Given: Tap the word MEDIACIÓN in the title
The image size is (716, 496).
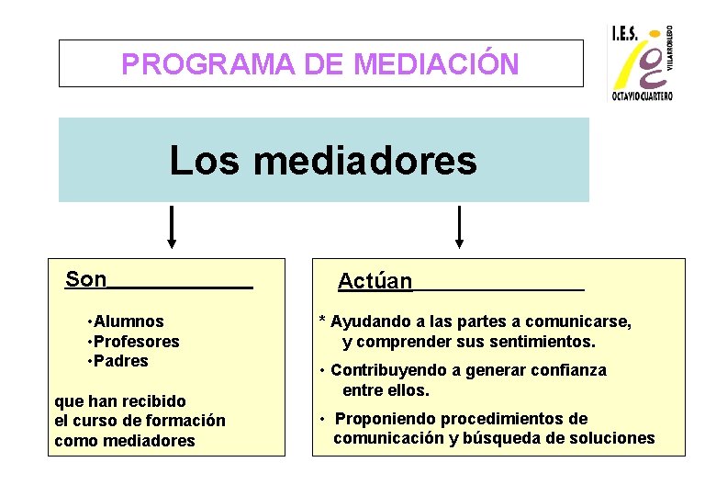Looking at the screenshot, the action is (436, 64).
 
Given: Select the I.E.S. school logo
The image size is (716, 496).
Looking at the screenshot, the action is (642, 62).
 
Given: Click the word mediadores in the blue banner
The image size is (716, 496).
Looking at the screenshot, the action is (365, 161).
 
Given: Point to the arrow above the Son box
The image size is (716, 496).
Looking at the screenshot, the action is (171, 227).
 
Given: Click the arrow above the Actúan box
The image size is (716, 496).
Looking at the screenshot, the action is (459, 227).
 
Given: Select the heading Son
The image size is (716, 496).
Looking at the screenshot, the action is (86, 279).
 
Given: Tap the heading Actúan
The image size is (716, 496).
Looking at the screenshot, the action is (375, 281).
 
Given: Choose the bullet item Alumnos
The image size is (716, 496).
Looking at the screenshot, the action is (129, 321).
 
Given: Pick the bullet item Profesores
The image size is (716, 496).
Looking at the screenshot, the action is (137, 342).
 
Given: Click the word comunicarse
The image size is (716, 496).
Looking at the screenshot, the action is (585, 321).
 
